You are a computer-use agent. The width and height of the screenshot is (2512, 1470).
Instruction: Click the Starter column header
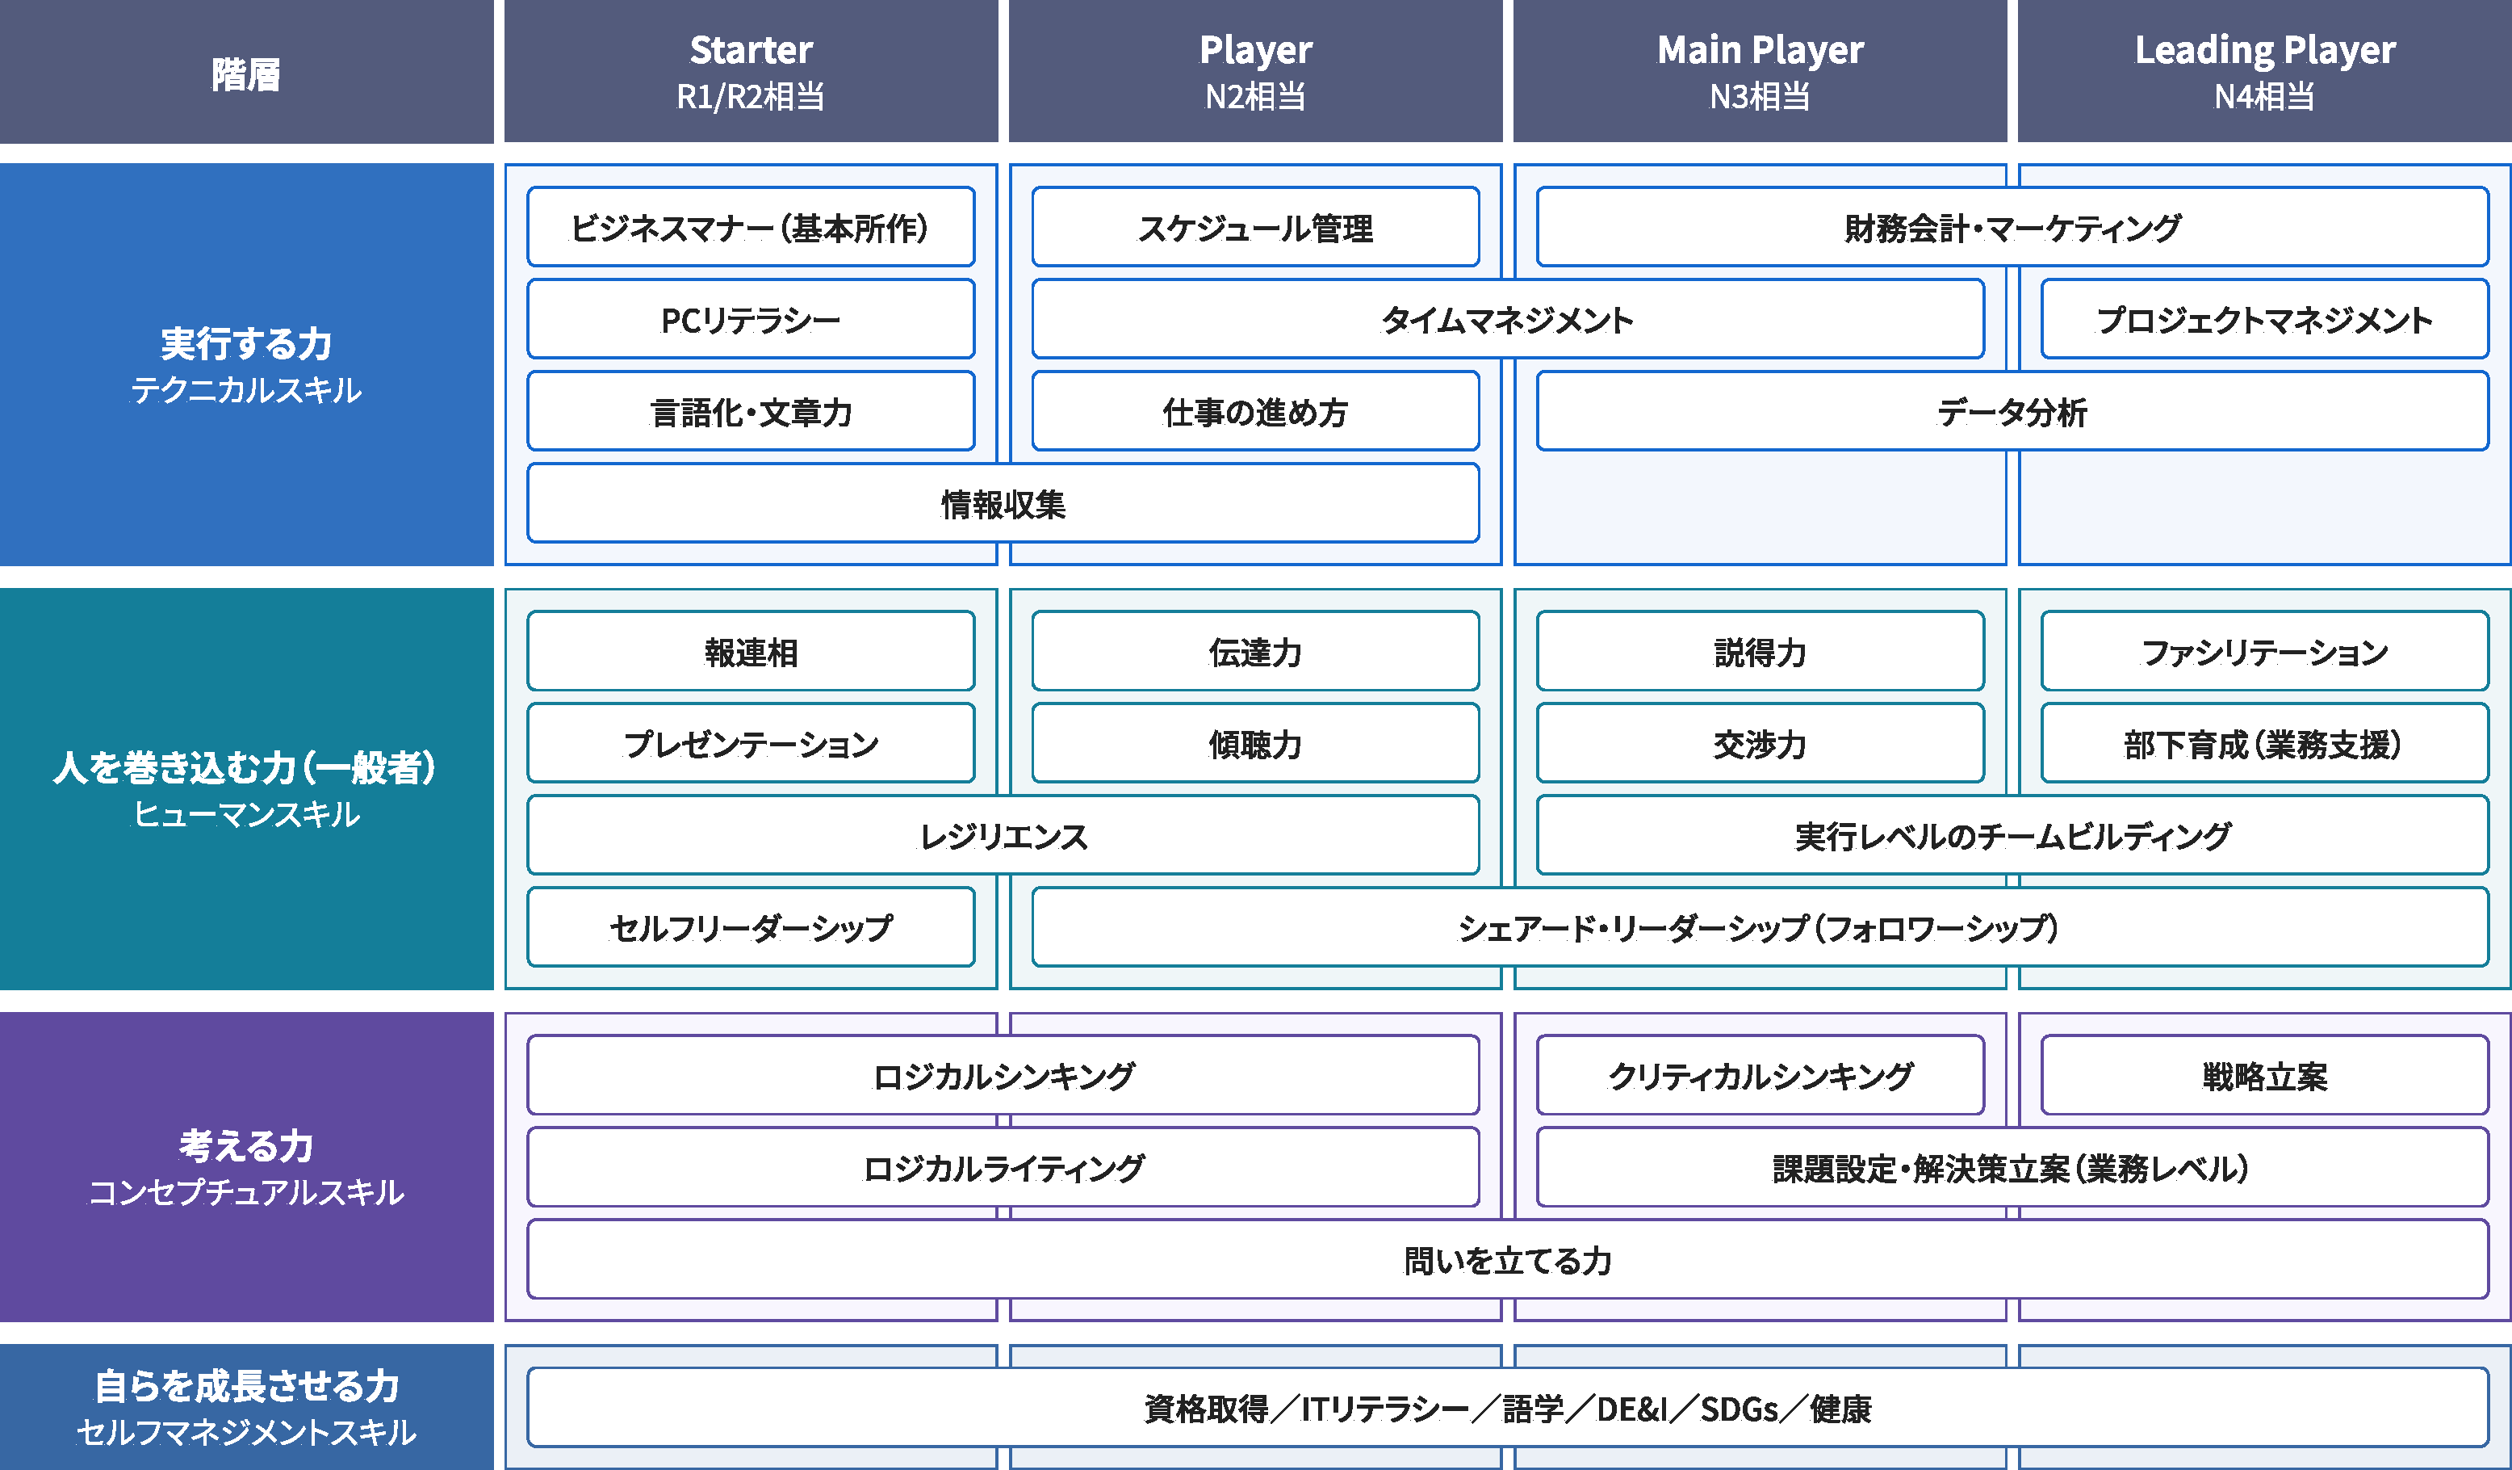click(751, 71)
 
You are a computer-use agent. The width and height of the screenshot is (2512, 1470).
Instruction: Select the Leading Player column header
click(2264, 71)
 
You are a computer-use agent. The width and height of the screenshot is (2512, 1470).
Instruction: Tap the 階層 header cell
click(246, 73)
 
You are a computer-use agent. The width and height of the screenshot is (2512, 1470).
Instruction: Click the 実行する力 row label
click(246, 364)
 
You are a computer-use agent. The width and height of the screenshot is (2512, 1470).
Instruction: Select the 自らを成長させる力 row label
click(246, 1406)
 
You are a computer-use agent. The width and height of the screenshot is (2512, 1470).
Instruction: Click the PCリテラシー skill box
click(751, 319)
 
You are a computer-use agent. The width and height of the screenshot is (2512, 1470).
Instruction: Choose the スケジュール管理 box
click(1255, 228)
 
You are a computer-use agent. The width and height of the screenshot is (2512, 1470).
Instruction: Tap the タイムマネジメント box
click(1507, 319)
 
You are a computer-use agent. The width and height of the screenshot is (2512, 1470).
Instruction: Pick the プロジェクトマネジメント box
click(2264, 319)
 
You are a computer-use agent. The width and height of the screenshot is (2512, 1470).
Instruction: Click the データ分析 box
click(2012, 411)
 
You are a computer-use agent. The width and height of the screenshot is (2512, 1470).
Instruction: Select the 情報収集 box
click(1003, 504)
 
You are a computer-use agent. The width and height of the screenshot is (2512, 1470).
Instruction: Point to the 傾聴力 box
click(1255, 743)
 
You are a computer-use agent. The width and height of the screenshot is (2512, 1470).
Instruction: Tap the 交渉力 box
click(1760, 743)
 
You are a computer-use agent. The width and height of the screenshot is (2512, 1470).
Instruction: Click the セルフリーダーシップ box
click(751, 927)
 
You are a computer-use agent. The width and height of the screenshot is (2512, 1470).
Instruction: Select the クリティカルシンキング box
click(1760, 1075)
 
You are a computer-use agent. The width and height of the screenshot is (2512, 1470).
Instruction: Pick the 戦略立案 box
click(2264, 1075)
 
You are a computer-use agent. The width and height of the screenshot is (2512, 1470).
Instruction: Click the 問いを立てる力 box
click(1507, 1259)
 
